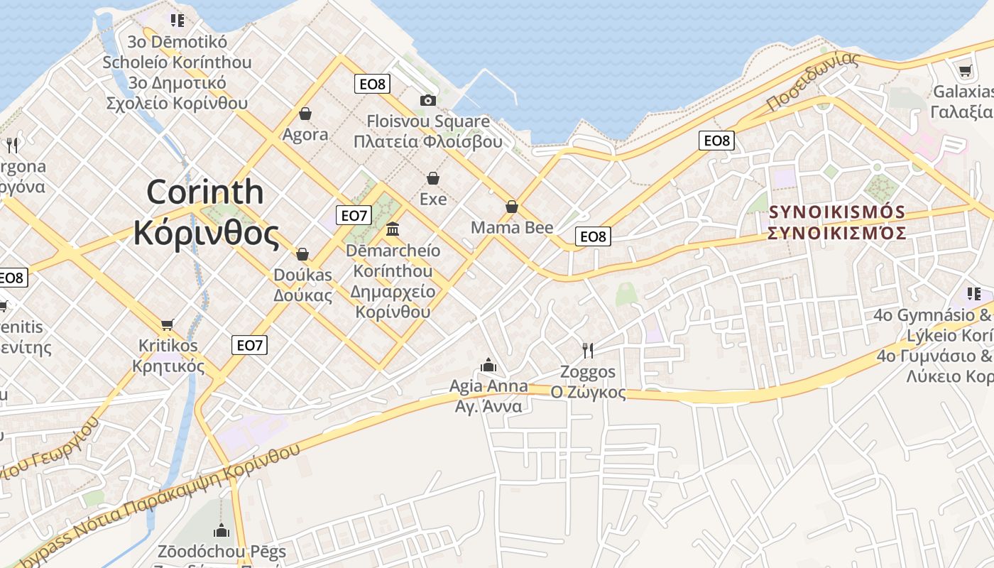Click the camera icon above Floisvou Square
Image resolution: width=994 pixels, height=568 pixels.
427,100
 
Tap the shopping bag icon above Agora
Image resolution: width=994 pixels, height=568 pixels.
305,114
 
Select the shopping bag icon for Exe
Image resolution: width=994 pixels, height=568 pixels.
433,178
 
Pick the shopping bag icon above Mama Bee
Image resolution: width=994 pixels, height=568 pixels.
512,207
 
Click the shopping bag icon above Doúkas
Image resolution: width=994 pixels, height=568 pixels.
302,254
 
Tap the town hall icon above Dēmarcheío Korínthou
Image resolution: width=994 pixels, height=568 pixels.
393,229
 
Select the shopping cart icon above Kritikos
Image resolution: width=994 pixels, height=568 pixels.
168,324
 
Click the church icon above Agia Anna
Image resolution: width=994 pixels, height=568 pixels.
488,365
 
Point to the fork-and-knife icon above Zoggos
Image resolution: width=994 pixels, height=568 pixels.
588,350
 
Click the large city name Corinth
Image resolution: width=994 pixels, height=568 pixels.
205,192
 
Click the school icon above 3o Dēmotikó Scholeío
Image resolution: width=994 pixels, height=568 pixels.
177,21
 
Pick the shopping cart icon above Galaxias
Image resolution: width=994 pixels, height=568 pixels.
965,71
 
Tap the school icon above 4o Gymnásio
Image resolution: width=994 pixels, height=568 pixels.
974,293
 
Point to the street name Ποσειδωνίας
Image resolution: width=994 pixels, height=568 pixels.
813,82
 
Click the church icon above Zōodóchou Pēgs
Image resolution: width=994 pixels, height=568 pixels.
222,530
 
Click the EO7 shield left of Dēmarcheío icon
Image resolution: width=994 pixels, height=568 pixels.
353,215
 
